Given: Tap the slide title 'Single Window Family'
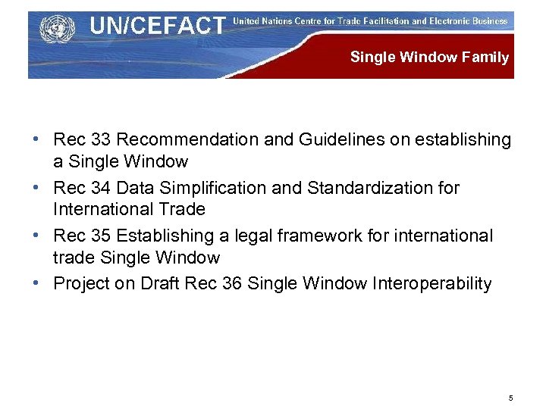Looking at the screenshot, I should coord(429,58).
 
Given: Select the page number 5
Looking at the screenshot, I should coord(511,398).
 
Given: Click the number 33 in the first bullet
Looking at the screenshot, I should coord(99,140).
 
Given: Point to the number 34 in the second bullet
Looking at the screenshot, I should coord(99,188).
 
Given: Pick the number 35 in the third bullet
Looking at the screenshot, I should coord(99,236).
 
